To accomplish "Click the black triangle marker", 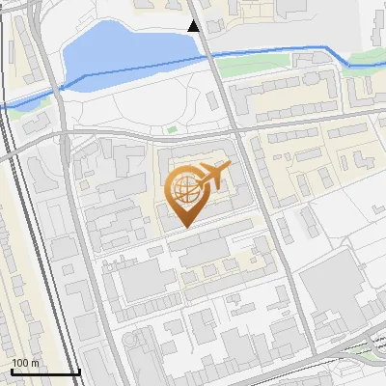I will coord(194,26).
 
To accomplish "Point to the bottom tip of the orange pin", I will coord(184,227).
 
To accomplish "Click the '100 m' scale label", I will coord(25,363).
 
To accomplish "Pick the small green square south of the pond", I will coord(173,129).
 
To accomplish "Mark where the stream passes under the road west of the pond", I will coord(60,89).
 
